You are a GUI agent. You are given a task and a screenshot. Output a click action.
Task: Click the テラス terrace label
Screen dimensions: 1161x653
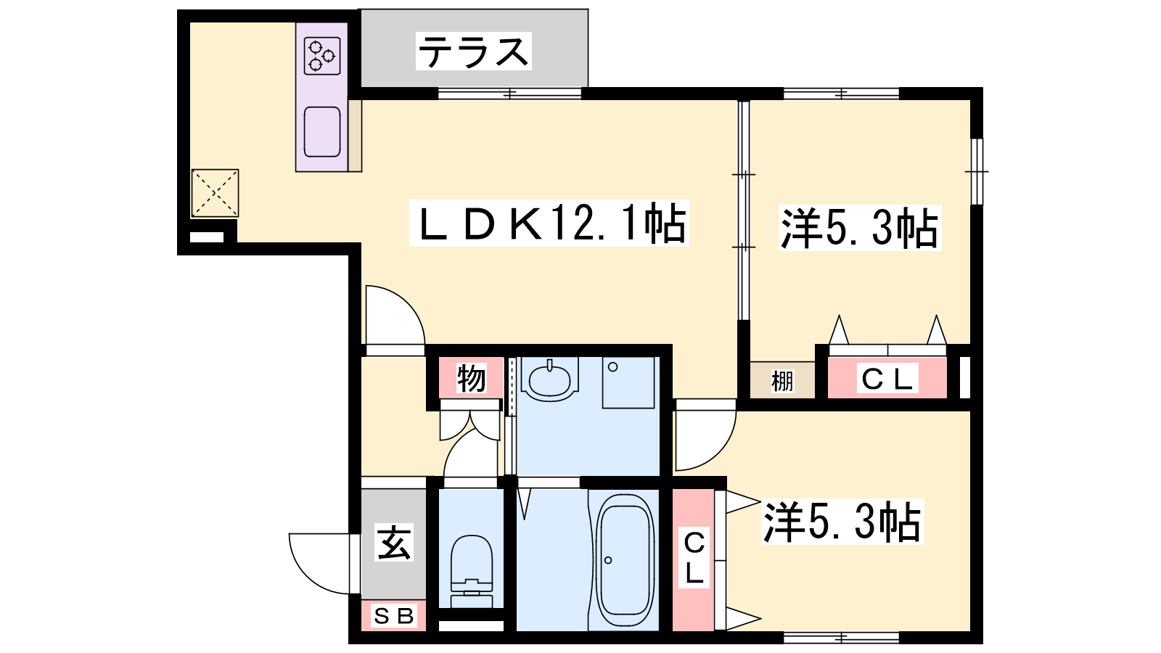pyautogui.click(x=474, y=52)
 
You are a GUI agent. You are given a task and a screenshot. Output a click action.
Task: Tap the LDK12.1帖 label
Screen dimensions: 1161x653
pyautogui.click(x=549, y=223)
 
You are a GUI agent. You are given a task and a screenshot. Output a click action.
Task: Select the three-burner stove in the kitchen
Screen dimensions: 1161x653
pyautogui.click(x=322, y=55)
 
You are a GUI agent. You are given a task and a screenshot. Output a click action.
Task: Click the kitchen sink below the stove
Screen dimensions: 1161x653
pyautogui.click(x=322, y=131)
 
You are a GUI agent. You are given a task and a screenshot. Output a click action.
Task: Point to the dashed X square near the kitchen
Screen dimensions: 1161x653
pyautogui.click(x=215, y=193)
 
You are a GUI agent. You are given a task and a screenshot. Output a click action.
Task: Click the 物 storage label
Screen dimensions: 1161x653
pyautogui.click(x=471, y=378)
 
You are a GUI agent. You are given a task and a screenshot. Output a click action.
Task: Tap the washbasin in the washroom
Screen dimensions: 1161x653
pyautogui.click(x=549, y=379)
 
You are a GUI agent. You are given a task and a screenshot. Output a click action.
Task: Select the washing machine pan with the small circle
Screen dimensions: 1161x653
pyautogui.click(x=628, y=382)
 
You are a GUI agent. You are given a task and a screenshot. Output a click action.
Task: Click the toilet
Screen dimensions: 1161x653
pyautogui.click(x=471, y=571)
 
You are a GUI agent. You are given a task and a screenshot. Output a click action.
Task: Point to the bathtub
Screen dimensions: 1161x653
pyautogui.click(x=624, y=561)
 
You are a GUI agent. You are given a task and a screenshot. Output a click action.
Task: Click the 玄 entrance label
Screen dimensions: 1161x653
pyautogui.click(x=394, y=543)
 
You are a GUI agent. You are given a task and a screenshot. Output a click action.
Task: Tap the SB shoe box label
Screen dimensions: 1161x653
pyautogui.click(x=393, y=616)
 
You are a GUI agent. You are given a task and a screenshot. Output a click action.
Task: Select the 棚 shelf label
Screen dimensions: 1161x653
pyautogui.click(x=782, y=382)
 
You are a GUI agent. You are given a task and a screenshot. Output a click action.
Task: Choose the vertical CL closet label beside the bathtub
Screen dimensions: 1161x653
pyautogui.click(x=694, y=558)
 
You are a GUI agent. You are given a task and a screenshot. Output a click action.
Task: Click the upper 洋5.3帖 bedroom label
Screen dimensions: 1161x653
pyautogui.click(x=859, y=229)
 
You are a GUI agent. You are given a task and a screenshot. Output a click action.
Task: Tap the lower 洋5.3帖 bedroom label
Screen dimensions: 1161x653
pyautogui.click(x=842, y=522)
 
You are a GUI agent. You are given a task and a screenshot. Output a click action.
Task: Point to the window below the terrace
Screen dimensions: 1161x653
pyautogui.click(x=510, y=94)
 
